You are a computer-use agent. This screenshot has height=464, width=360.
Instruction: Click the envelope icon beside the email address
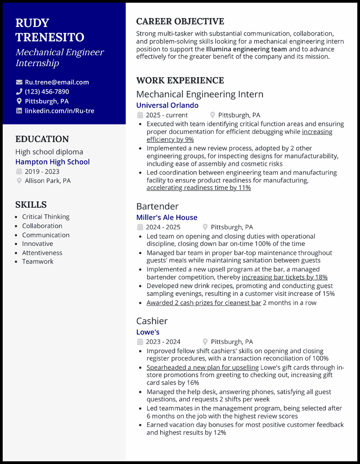pyautogui.click(x=19, y=82)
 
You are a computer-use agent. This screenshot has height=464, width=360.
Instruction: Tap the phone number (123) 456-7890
pyautogui.click(x=47, y=92)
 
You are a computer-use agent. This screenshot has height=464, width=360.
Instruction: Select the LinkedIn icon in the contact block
pyautogui.click(x=19, y=111)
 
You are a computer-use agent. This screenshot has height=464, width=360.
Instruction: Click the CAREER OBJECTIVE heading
pyautogui.click(x=180, y=22)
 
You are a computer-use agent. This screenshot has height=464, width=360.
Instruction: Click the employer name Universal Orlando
pyautogui.click(x=167, y=105)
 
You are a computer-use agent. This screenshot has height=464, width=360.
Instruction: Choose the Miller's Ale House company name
pyautogui.click(x=166, y=217)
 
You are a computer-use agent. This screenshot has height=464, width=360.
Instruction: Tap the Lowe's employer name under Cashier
pyautogui.click(x=148, y=332)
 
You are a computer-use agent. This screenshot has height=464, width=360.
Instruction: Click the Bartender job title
pyautogui.click(x=157, y=206)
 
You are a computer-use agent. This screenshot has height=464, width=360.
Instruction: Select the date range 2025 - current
pyautogui.click(x=166, y=115)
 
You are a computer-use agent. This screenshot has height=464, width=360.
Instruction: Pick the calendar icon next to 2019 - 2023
pyautogui.click(x=19, y=171)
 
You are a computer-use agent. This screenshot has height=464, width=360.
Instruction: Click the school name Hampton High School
pyautogui.click(x=53, y=162)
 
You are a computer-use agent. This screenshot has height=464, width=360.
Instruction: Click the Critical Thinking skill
pyautogui.click(x=46, y=217)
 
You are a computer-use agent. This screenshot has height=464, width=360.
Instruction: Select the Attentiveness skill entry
pyautogui.click(x=42, y=253)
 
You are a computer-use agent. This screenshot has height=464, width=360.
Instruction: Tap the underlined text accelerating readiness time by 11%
pyautogui.click(x=198, y=188)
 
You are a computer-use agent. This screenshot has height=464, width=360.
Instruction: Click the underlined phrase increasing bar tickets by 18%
pyautogui.click(x=284, y=277)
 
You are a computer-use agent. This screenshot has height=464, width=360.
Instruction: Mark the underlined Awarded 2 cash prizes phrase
pyautogui.click(x=204, y=303)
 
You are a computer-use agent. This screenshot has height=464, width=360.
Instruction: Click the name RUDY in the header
pyautogui.click(x=32, y=23)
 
